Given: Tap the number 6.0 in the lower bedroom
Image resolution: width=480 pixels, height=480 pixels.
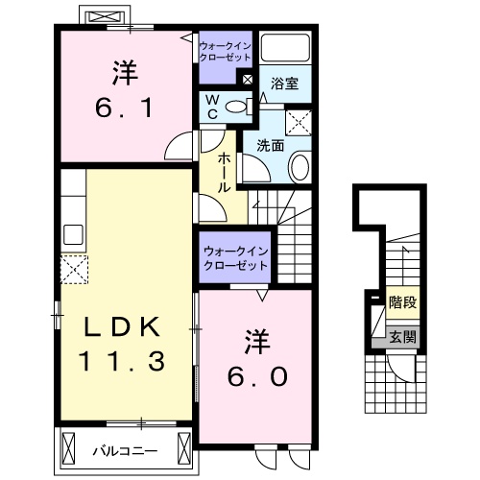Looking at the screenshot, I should click(257, 376).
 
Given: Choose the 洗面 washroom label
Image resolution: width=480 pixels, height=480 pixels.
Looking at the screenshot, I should click(270, 146).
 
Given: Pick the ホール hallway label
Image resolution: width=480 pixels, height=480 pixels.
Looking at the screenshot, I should click(224, 172).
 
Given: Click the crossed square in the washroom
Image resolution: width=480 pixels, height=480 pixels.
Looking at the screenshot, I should click(300, 120).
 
